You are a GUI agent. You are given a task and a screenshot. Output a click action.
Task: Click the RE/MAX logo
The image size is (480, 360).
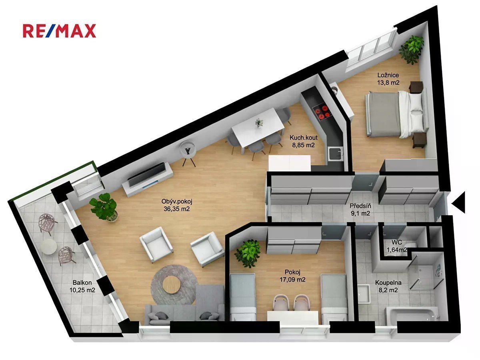click(x=59, y=31)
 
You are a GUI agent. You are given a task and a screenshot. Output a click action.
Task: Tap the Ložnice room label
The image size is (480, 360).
click(x=388, y=75)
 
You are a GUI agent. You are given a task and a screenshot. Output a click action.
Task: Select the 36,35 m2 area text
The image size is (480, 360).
click(x=176, y=209)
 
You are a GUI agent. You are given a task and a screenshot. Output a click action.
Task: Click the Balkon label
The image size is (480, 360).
click(x=82, y=283)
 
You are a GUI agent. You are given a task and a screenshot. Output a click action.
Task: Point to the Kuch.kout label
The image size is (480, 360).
click(x=303, y=138)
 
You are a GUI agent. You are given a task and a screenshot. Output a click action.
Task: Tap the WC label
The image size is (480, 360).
click(x=396, y=242)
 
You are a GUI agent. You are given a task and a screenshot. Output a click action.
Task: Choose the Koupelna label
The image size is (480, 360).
click(x=388, y=283)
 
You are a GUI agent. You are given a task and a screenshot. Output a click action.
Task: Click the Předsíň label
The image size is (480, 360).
click(x=360, y=206)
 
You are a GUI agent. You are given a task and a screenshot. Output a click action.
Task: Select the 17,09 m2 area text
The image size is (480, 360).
click(x=292, y=280)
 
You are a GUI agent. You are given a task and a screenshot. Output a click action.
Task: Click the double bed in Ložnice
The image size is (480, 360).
click(x=396, y=114)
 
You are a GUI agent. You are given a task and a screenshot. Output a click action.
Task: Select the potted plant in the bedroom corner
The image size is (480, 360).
click(x=411, y=50)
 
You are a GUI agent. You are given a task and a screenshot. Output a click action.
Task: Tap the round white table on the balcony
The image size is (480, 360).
click(x=49, y=246)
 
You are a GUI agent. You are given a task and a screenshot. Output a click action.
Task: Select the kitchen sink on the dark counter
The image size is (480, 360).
click(x=335, y=154)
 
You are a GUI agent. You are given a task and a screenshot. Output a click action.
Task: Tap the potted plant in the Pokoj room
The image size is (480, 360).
click(x=248, y=253)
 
